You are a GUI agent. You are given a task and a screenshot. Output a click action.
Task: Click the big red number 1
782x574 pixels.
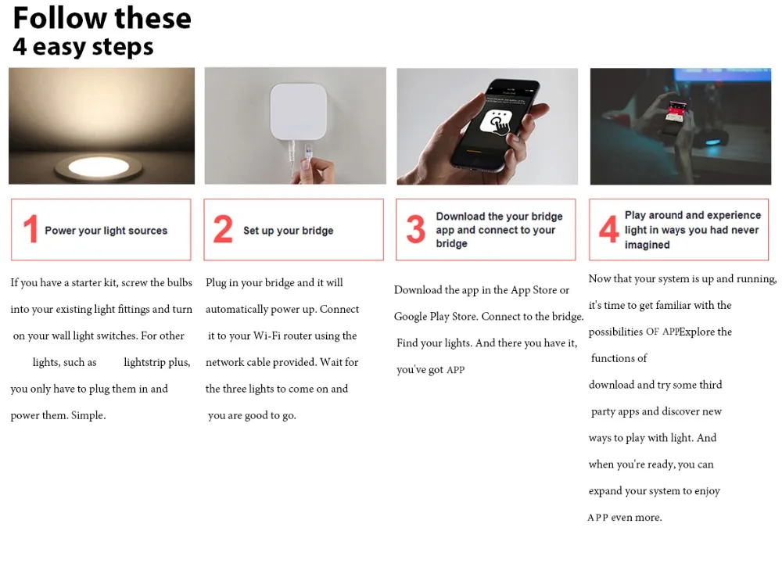[31, 229]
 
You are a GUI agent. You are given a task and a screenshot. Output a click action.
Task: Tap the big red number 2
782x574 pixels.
[223, 229]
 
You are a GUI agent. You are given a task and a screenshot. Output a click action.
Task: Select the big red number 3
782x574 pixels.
[415, 229]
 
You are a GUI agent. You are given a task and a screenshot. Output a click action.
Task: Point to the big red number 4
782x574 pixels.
[608, 229]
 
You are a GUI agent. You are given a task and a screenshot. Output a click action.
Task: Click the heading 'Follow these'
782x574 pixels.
[102, 18]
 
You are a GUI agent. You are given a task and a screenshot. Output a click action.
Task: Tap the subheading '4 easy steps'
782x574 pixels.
[84, 46]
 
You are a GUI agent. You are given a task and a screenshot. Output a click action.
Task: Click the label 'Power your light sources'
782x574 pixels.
[106, 231]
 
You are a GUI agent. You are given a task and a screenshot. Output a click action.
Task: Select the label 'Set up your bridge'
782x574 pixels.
[289, 231]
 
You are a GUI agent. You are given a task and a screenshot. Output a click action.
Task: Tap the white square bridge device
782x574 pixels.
[299, 112]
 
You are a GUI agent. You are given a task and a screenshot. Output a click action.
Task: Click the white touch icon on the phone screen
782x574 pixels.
[495, 124]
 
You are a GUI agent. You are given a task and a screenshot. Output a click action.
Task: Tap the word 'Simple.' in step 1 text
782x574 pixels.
[88, 415]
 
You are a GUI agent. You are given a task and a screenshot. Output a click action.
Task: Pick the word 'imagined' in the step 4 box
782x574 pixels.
[647, 245]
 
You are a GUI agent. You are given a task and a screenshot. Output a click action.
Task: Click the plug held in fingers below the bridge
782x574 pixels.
[308, 152]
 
